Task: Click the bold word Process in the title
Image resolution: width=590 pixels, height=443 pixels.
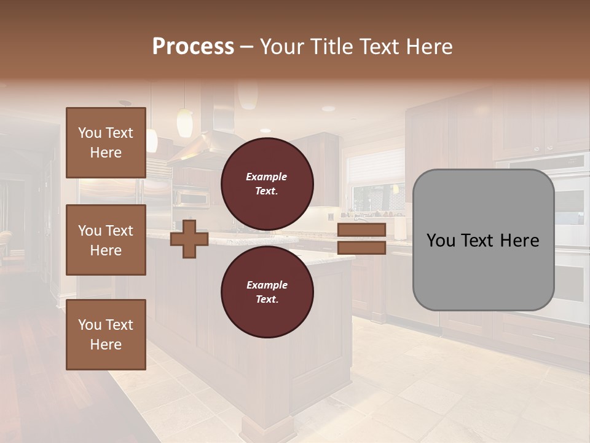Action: point(193,47)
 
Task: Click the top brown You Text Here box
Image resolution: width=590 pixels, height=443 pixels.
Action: point(106,143)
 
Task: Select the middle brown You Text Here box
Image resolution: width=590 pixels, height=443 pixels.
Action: point(106,240)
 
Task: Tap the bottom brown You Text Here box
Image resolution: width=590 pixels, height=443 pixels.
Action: point(106,334)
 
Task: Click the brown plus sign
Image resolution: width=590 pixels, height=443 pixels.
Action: point(189,239)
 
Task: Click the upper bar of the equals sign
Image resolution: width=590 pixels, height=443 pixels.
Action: point(361,230)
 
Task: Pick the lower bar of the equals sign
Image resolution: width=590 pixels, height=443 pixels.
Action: point(361,248)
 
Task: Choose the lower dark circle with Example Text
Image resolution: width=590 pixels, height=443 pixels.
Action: point(267,292)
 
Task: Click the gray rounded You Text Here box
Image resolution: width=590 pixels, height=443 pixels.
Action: point(483,240)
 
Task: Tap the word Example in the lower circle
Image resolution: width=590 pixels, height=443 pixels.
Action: point(267,285)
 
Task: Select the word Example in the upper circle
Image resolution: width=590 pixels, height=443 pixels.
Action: point(267,177)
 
